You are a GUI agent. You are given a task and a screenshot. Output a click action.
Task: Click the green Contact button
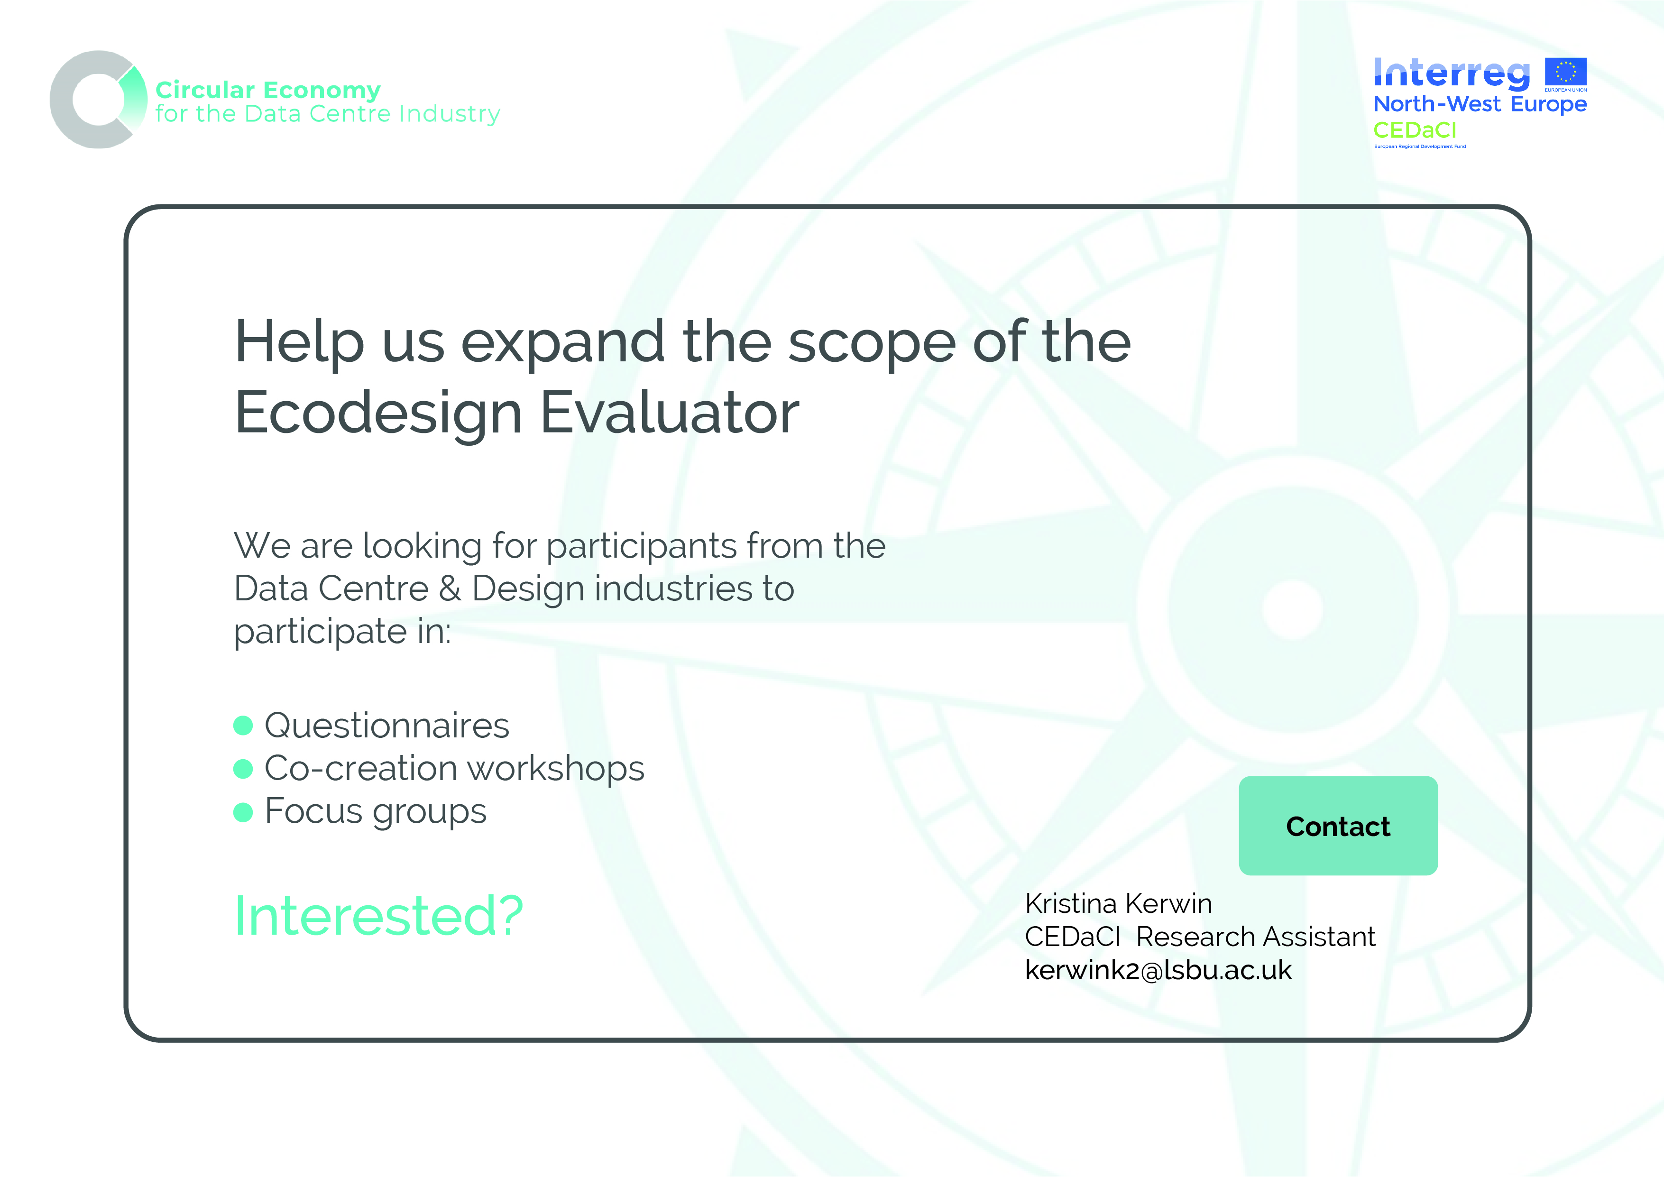[x=1338, y=826]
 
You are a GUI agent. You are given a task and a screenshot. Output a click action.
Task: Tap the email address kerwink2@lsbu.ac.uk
[x=1158, y=970]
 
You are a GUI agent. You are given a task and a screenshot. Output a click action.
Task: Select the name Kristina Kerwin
[x=1118, y=904]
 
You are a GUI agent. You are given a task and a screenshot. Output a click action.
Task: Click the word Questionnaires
[x=387, y=726]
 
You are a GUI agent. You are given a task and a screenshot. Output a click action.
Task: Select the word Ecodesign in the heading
[x=378, y=413]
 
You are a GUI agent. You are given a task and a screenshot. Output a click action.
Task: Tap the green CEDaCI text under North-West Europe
[x=1415, y=130]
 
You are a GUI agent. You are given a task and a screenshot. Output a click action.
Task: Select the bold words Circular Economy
[x=267, y=90]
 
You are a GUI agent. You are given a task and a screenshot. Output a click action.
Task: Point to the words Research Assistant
[x=1255, y=937]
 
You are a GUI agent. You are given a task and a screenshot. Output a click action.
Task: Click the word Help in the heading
[x=299, y=342]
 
